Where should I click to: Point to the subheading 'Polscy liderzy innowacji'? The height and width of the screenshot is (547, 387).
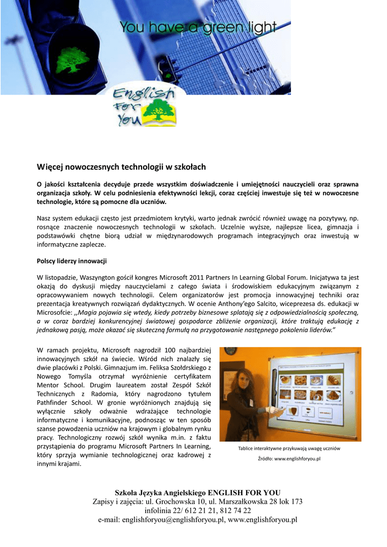[72, 261]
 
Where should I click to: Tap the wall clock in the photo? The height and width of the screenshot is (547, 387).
[231, 351]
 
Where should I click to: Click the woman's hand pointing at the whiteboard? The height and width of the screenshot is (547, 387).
[275, 410]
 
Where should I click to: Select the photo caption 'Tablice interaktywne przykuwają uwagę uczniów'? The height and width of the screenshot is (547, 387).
[289, 448]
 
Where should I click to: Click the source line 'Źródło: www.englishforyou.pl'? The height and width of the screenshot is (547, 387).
[289, 458]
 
